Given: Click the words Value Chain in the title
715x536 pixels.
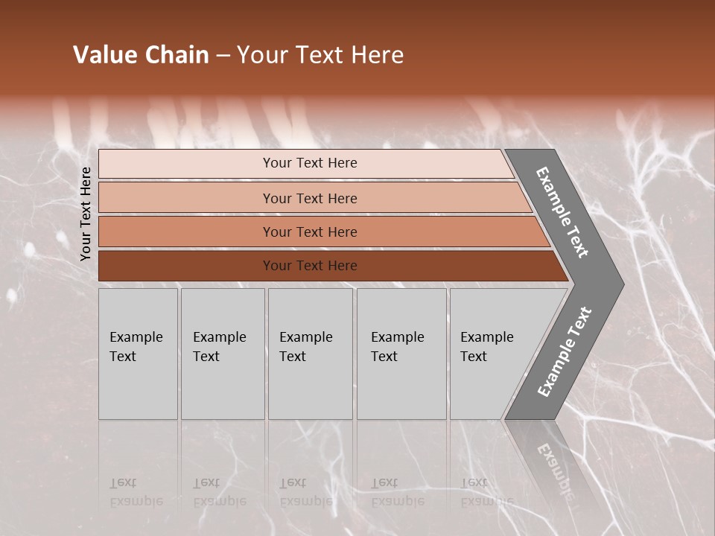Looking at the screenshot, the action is click(x=141, y=55).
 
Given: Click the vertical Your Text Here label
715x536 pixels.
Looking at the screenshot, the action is click(x=86, y=214).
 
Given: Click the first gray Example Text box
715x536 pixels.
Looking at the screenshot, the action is click(x=138, y=354).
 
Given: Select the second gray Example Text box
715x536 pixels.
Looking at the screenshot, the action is click(x=223, y=354).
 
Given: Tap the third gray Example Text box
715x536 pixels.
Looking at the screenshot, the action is click(x=310, y=354).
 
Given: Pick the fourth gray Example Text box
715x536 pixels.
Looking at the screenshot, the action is click(x=401, y=354).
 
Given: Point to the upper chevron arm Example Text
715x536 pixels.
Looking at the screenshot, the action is click(x=562, y=212).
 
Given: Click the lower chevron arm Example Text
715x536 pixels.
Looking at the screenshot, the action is click(x=565, y=352).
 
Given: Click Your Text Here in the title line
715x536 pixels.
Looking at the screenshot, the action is click(x=320, y=55).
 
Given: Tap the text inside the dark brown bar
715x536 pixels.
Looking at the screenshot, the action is click(x=310, y=266).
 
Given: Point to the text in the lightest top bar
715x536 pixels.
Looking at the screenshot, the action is click(x=310, y=163).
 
